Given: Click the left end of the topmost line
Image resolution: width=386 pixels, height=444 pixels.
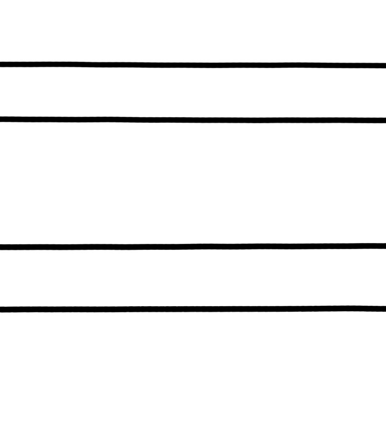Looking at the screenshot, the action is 2,64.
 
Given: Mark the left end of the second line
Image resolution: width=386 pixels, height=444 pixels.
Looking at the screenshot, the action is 2,119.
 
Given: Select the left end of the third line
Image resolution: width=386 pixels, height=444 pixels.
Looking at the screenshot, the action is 2,247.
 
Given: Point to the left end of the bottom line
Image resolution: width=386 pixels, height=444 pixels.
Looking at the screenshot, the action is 2,310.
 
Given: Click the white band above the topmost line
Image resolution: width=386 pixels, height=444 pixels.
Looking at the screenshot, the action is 193,31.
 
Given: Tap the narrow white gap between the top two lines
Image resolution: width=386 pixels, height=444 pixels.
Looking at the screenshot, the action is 193,92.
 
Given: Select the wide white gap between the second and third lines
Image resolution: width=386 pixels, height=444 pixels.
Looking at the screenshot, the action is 193,183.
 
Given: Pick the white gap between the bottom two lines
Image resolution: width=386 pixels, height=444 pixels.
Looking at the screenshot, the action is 193,278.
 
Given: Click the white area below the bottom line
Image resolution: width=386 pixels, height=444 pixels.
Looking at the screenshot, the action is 193,376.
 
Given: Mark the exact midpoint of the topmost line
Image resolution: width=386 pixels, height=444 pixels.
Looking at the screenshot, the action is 193,65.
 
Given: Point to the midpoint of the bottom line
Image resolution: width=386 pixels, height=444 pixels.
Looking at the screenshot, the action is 193,309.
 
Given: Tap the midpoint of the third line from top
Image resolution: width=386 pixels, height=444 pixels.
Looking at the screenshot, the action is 193,247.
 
